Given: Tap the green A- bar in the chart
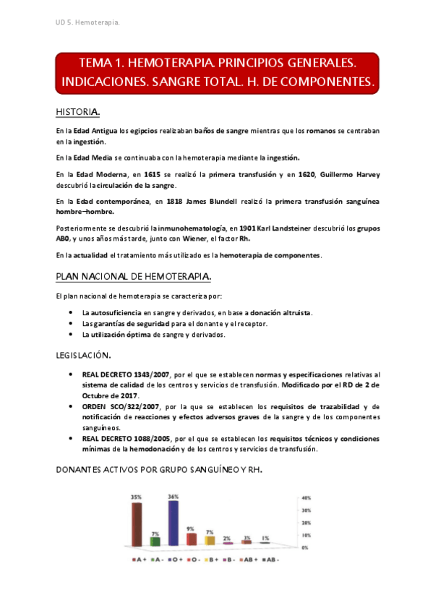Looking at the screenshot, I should [x=155, y=541].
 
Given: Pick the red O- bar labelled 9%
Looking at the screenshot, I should [x=192, y=539].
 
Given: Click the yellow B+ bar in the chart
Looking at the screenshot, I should [x=210, y=540].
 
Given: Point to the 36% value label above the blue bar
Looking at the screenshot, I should [x=173, y=496].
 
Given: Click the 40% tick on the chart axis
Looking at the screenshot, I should [x=306, y=498].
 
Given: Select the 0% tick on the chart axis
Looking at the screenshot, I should [x=305, y=548].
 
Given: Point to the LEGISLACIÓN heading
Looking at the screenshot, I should [x=83, y=355].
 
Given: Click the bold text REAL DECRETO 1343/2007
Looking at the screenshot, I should [x=126, y=374].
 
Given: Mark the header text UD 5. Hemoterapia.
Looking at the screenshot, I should [x=87, y=22].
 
